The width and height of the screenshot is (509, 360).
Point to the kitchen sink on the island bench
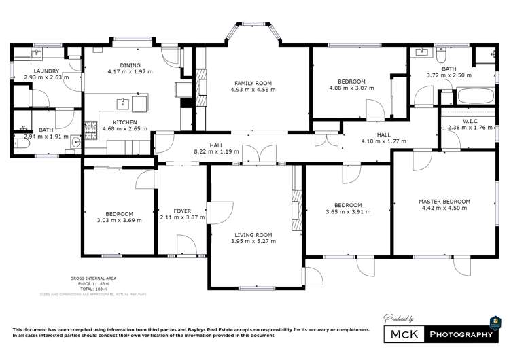tap(122, 103)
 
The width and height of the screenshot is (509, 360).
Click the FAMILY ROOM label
tap(248, 82)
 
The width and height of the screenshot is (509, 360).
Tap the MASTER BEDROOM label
tap(444, 202)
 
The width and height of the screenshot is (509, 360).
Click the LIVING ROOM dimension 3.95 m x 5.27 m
tap(253, 241)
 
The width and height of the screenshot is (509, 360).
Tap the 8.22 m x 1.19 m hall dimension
tap(216, 151)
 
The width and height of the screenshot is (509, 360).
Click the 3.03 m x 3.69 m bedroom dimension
tap(120, 220)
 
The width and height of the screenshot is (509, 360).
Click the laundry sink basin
tap(37, 52)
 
